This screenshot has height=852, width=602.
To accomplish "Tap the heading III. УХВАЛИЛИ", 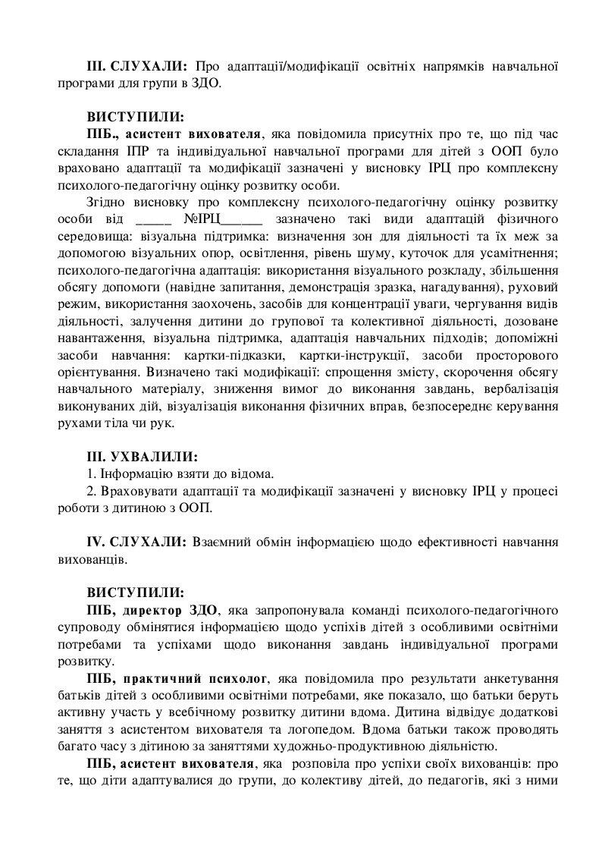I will [142, 457].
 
